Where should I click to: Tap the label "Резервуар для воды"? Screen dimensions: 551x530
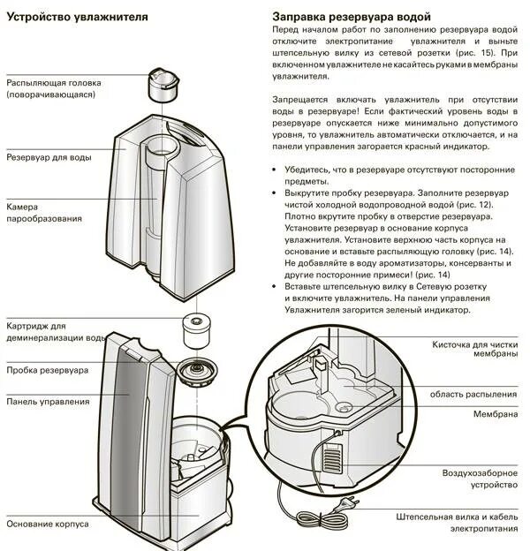point(49,157)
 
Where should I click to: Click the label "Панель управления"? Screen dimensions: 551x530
point(48,402)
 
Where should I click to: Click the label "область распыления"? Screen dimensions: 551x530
point(473,394)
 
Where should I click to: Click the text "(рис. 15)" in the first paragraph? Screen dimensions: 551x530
point(477,53)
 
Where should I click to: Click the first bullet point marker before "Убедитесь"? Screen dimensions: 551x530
point(276,169)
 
